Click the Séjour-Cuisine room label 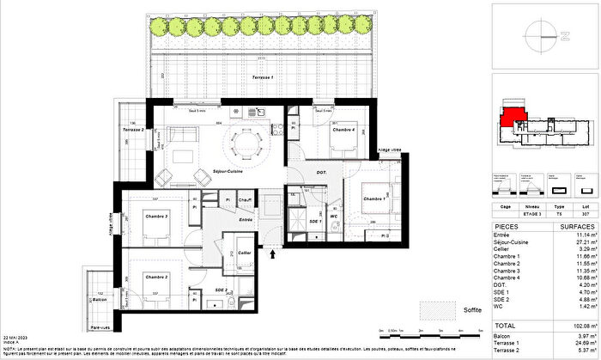(228, 172)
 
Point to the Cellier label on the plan (245, 253)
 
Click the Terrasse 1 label (263, 78)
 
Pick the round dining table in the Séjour (250, 142)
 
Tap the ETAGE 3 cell (531, 215)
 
